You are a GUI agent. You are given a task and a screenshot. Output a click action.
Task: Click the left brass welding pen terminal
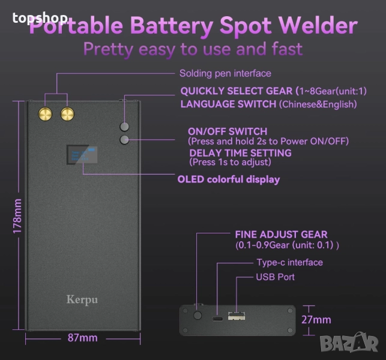(x=45, y=113)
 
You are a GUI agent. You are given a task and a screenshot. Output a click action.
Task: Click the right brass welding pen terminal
(x=66, y=113)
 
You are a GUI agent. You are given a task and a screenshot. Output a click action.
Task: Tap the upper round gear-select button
(x=125, y=127)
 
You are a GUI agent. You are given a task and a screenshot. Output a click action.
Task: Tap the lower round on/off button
(x=125, y=140)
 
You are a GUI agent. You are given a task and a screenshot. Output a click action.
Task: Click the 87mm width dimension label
(x=82, y=338)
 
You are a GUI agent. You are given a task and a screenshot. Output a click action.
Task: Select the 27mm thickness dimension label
(x=315, y=320)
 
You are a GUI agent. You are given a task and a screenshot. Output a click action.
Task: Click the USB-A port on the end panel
(x=237, y=316)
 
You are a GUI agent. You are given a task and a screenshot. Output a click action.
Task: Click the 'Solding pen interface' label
(x=225, y=73)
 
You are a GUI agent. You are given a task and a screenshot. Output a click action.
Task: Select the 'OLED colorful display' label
(x=228, y=179)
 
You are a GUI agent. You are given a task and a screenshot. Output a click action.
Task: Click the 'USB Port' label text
(x=275, y=277)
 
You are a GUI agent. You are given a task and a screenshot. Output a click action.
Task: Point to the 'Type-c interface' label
(x=289, y=262)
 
